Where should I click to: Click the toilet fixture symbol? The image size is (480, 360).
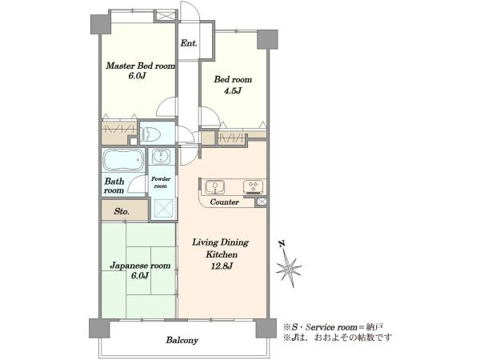pos(150,134)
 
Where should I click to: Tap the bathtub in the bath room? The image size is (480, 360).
pos(123,159)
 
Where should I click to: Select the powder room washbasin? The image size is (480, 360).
pos(161,156)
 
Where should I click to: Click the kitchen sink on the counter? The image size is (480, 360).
pos(214,187)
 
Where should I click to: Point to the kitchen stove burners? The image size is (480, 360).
pos(253,187)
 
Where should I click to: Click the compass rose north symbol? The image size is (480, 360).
pos(289,269)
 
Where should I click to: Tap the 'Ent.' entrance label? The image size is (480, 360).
pos(189,43)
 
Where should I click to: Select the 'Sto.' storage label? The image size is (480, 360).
pos(122,211)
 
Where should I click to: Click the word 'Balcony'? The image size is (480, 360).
pos(182,340)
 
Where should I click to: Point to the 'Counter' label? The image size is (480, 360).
pos(224,202)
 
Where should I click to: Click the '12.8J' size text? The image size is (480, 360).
pos(222,266)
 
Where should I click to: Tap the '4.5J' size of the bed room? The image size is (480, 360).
pos(233,90)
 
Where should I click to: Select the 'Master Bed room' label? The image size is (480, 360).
pos(141,66)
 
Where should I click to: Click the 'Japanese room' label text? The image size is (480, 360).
pos(140,266)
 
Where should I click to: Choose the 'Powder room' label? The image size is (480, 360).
pos(161,182)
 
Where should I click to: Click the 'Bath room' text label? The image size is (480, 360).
pos(114,186)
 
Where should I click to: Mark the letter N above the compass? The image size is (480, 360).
pos(282,244)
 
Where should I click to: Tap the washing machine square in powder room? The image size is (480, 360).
pos(163,209)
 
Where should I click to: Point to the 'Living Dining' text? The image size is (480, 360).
pos(220,242)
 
